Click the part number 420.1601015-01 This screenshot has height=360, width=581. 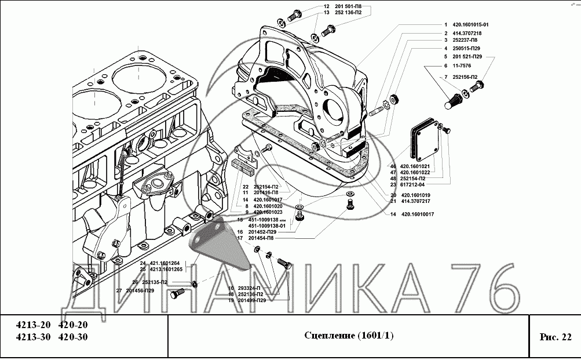[x=470, y=25]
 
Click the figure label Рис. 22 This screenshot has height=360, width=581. [x=555, y=336]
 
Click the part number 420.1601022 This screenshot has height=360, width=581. [x=414, y=172]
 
